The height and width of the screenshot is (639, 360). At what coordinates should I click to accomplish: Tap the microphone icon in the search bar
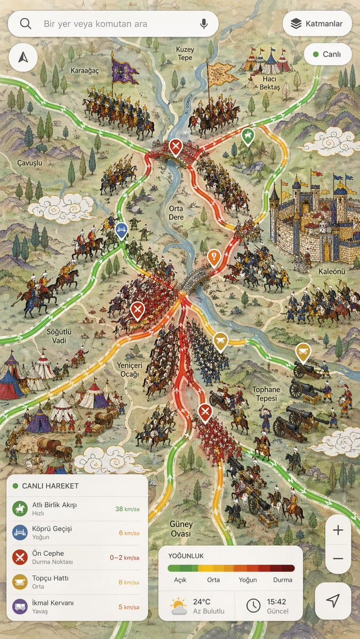click(203, 24)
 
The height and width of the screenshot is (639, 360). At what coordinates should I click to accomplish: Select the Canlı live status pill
click(327, 54)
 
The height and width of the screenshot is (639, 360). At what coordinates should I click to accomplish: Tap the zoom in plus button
click(338, 530)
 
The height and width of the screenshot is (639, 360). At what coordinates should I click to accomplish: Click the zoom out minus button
click(338, 558)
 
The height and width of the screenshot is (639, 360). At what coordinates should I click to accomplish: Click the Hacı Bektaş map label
click(270, 83)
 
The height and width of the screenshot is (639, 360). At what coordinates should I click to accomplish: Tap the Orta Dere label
click(176, 213)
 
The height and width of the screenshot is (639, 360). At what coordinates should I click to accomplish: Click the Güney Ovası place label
click(181, 529)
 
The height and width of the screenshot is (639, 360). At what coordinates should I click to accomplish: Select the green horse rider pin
click(247, 136)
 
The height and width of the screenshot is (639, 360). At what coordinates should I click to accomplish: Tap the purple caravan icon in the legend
click(20, 607)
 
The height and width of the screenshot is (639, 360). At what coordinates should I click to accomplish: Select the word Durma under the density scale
click(283, 580)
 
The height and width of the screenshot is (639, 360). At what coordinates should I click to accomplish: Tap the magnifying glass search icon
click(26, 24)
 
